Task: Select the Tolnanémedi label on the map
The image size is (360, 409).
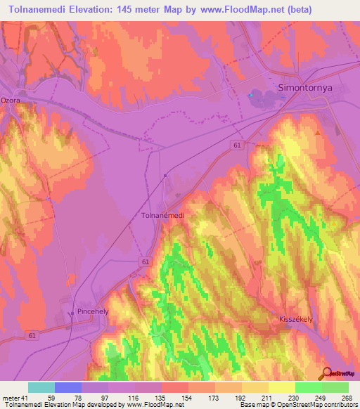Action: (162, 216)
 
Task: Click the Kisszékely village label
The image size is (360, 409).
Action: (302, 317)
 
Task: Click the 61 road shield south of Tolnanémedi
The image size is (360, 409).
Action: (144, 261)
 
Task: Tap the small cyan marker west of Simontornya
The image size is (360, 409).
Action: (250, 95)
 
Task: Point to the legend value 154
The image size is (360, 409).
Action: (189, 397)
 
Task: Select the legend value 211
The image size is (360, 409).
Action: (269, 397)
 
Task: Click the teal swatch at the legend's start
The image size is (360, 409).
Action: (41, 387)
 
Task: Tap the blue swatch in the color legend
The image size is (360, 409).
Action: (68, 387)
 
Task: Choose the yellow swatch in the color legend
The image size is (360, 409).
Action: (255, 387)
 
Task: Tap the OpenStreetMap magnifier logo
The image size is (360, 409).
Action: (327, 374)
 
